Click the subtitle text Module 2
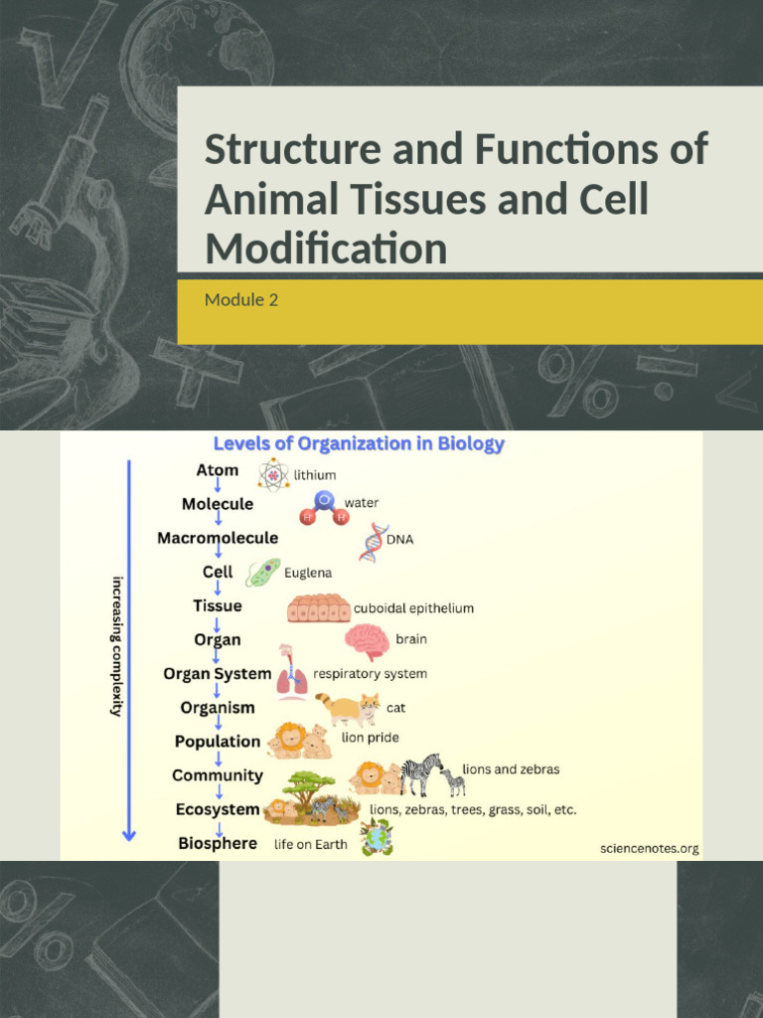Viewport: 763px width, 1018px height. point(241,299)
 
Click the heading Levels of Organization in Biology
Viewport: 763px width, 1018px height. point(359,443)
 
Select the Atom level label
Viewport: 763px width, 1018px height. point(217,470)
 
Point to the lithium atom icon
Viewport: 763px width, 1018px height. point(272,474)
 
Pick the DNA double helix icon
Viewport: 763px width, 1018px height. point(374,542)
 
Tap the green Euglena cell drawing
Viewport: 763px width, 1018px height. point(263,573)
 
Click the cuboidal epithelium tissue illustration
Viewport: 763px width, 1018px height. point(318,607)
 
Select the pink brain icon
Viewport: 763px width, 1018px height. point(367,641)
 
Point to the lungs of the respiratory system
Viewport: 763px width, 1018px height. point(291,680)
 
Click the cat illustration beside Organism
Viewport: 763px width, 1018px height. point(349,709)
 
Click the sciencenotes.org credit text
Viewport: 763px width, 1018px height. point(650,848)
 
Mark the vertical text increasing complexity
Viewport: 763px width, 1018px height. point(117,646)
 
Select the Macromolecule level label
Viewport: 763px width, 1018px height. point(218,538)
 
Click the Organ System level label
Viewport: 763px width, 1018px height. point(217,674)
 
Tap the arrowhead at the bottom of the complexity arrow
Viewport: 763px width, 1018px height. point(129,834)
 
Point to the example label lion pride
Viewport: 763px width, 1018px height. point(370,738)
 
